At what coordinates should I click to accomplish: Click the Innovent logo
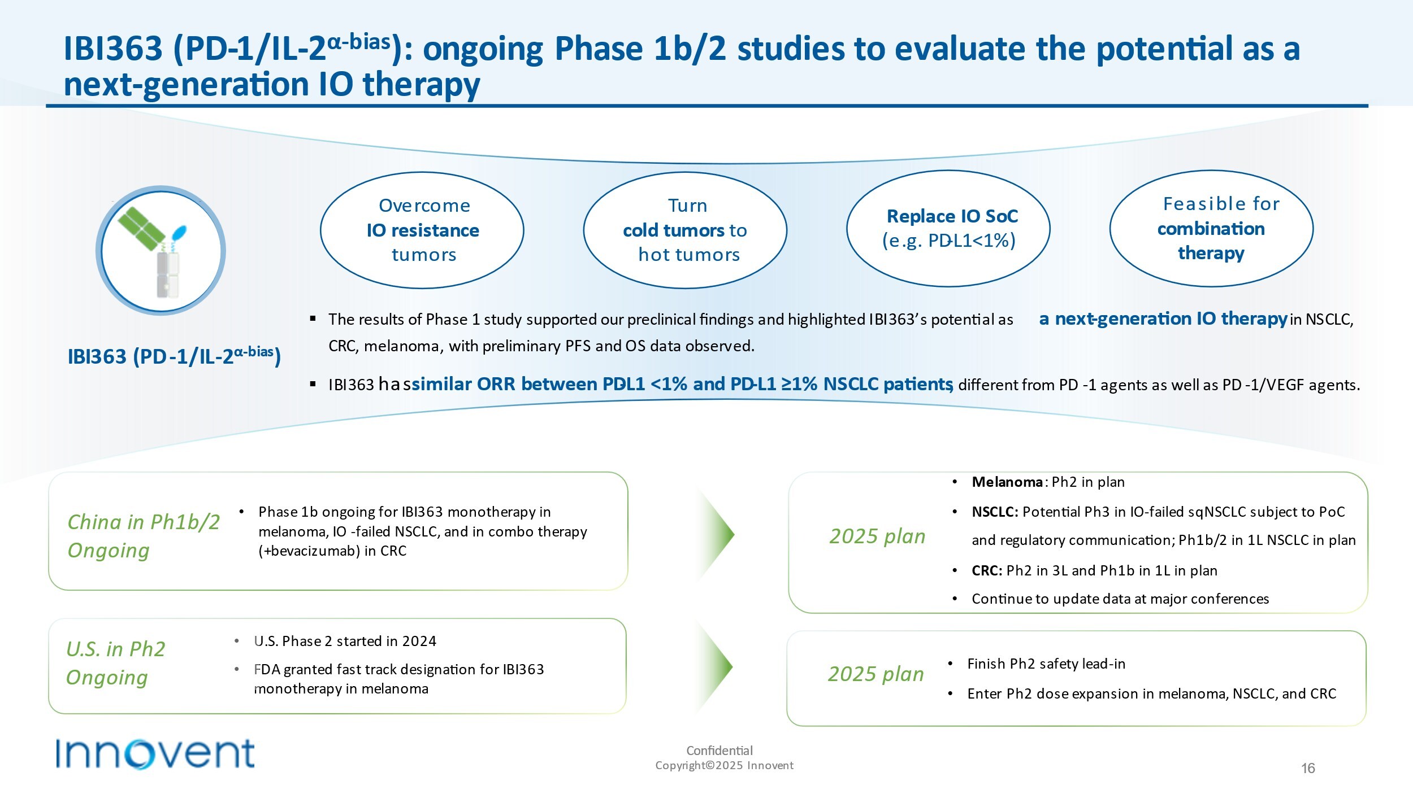click(155, 753)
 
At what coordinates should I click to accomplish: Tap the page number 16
click(1308, 768)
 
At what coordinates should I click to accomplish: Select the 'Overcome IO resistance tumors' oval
click(422, 230)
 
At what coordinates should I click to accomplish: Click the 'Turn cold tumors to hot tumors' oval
click(685, 230)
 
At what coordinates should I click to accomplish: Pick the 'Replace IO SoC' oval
click(948, 229)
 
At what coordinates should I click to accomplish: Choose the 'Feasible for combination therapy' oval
click(1211, 229)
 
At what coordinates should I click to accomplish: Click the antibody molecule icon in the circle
click(161, 251)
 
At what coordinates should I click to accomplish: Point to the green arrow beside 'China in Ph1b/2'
click(717, 534)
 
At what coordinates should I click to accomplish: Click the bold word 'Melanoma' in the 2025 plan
click(1007, 482)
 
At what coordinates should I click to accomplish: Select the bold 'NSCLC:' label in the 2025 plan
click(995, 512)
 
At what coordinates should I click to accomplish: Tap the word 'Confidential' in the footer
click(719, 751)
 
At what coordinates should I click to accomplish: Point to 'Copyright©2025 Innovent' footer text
click(724, 766)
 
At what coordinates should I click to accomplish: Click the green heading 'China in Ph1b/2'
click(144, 522)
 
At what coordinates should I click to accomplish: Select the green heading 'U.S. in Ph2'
click(116, 649)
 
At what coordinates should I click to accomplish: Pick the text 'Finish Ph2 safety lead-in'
click(1046, 664)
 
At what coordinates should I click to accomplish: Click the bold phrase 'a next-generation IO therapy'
click(1163, 319)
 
